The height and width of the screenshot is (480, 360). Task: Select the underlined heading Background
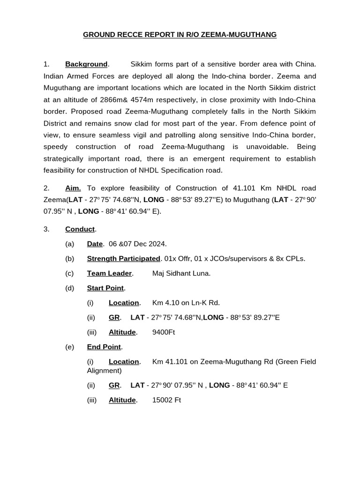click(86, 64)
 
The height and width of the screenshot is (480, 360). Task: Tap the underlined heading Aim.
click(73, 188)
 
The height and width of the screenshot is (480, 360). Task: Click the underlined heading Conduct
click(80, 229)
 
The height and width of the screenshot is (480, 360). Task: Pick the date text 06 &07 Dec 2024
click(137, 244)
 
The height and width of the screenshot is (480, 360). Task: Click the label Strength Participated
click(123, 259)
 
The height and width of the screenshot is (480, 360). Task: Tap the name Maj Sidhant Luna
click(181, 273)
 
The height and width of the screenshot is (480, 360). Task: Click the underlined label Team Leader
click(110, 273)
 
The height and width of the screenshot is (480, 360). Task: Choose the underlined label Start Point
click(105, 288)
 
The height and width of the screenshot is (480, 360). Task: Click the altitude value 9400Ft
click(164, 332)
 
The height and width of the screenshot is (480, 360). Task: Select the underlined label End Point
click(104, 347)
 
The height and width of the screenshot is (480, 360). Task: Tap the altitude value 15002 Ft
click(166, 400)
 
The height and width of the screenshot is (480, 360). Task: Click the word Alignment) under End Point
click(104, 370)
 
